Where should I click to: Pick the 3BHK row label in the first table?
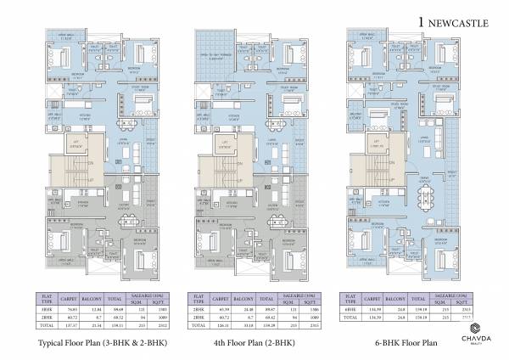[x=47, y=310]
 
